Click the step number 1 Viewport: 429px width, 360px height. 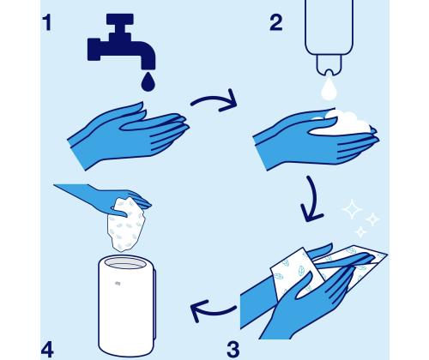[48, 23]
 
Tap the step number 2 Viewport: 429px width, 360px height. [276, 22]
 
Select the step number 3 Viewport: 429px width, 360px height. [233, 349]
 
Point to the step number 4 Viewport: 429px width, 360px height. [47, 350]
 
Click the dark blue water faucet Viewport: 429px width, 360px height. [121, 42]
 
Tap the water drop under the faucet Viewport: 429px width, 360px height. [148, 81]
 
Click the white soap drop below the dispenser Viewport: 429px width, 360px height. [329, 88]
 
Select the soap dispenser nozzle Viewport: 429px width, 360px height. [329, 65]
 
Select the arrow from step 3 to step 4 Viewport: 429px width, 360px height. [212, 311]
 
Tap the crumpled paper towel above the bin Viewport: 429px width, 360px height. [126, 225]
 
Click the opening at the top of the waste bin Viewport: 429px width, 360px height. [125, 263]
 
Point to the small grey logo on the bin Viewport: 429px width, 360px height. [118, 284]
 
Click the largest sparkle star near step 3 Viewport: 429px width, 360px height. [352, 209]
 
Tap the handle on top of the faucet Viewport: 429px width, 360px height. [120, 20]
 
